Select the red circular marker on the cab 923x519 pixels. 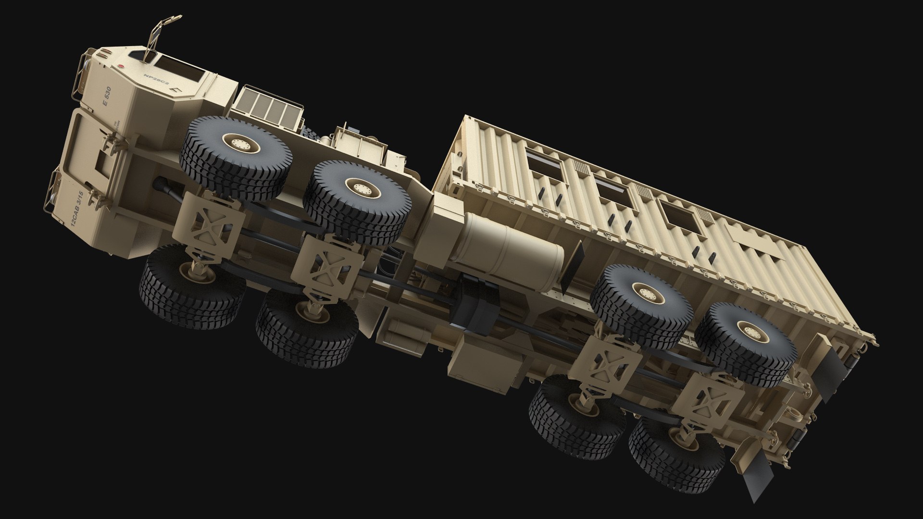(122, 67)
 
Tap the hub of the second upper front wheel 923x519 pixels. (358, 187)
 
